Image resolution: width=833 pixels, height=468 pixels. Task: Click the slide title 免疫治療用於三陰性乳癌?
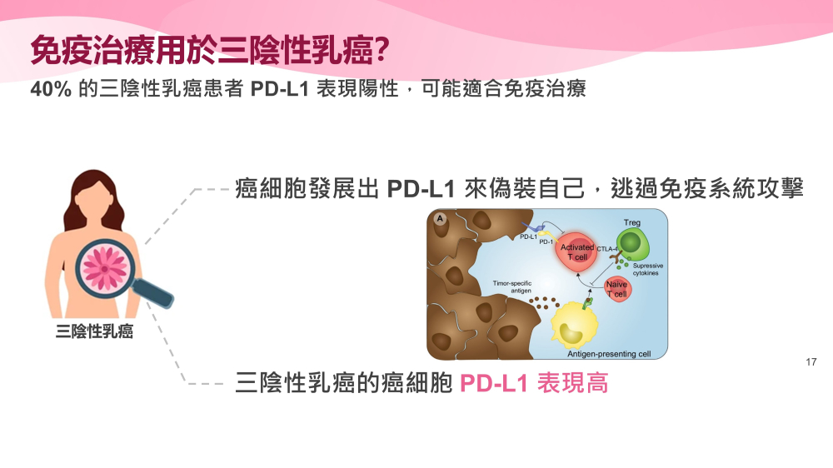(x=211, y=51)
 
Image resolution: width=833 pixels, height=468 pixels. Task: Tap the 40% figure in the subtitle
(x=51, y=89)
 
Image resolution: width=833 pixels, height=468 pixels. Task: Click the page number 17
(x=811, y=361)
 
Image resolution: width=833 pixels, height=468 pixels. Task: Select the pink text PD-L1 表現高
(x=534, y=382)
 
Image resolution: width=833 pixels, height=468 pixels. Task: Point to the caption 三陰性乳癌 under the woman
(x=94, y=331)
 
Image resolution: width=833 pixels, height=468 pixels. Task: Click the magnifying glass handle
(x=153, y=293)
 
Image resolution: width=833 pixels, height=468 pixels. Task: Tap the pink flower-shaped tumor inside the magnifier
(x=105, y=269)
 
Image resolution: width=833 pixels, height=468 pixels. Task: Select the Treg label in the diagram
(x=632, y=222)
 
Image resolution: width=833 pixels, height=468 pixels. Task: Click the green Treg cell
(x=631, y=244)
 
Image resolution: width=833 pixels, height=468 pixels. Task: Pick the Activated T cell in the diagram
(x=576, y=252)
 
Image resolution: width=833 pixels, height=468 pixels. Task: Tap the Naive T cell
(x=616, y=290)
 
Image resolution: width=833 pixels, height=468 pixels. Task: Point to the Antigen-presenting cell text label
(x=609, y=354)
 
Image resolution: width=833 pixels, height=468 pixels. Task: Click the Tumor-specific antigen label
(x=512, y=286)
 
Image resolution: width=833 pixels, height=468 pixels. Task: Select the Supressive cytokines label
(x=647, y=269)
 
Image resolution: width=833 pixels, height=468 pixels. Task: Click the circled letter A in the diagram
(x=440, y=218)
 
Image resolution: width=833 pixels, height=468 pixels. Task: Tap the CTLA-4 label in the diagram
(x=607, y=249)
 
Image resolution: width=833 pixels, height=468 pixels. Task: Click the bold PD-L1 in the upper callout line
(x=421, y=189)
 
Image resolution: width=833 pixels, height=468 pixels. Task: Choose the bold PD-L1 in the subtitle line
(x=279, y=89)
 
